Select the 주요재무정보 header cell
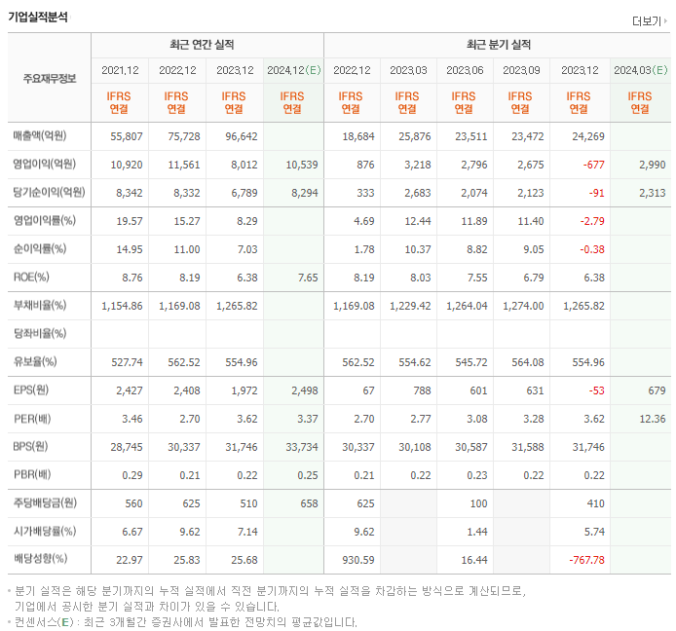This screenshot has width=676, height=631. [49, 78]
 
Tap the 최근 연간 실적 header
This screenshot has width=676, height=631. [207, 45]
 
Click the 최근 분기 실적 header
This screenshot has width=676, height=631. [498, 45]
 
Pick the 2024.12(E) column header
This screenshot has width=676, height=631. [293, 70]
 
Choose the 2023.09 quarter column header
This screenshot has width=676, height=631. [520, 70]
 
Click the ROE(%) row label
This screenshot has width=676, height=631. [31, 277]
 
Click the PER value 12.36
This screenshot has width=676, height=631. [651, 419]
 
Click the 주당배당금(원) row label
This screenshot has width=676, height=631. [47, 504]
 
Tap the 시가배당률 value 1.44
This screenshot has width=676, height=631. [475, 533]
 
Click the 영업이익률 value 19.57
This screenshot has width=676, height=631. [127, 220]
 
